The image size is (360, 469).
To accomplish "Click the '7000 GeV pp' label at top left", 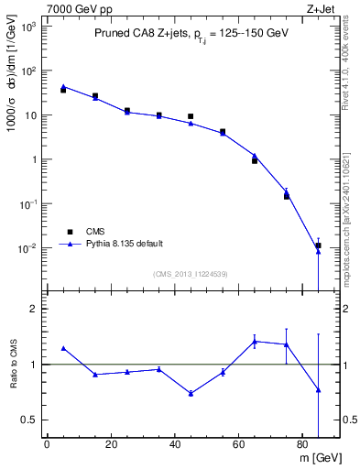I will coord(72,8).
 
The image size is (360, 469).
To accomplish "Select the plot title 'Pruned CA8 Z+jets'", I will coord(138,34).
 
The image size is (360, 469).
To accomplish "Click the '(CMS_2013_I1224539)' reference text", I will coord(190,273).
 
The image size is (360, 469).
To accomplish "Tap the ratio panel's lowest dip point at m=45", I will coord(191,393).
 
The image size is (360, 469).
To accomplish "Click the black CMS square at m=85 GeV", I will coord(318,245).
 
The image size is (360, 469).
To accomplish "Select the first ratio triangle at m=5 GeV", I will coord(63,348).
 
